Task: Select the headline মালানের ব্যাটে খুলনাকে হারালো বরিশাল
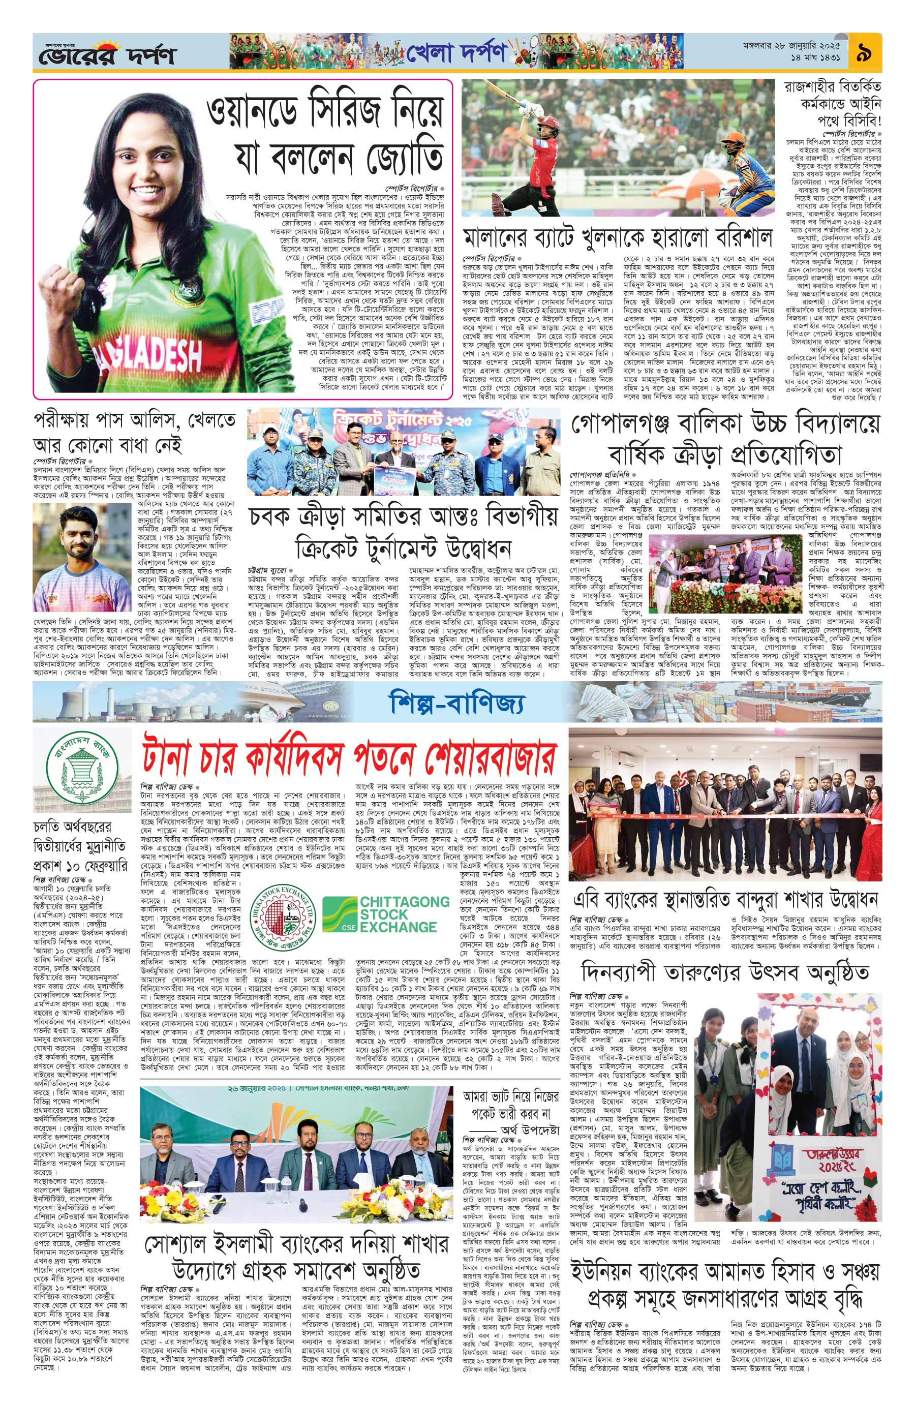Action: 618,237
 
